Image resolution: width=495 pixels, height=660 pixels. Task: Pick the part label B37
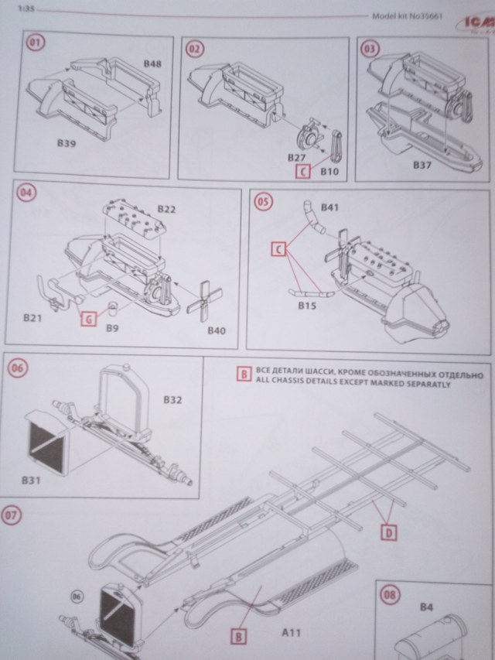click(x=423, y=165)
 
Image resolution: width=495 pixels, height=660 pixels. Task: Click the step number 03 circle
click(x=372, y=47)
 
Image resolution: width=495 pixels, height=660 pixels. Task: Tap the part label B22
click(x=167, y=209)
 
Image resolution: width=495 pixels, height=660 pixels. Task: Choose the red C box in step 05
click(x=278, y=249)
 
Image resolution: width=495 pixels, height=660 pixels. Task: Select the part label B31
click(x=32, y=480)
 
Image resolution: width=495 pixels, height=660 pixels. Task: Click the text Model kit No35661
click(x=401, y=15)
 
